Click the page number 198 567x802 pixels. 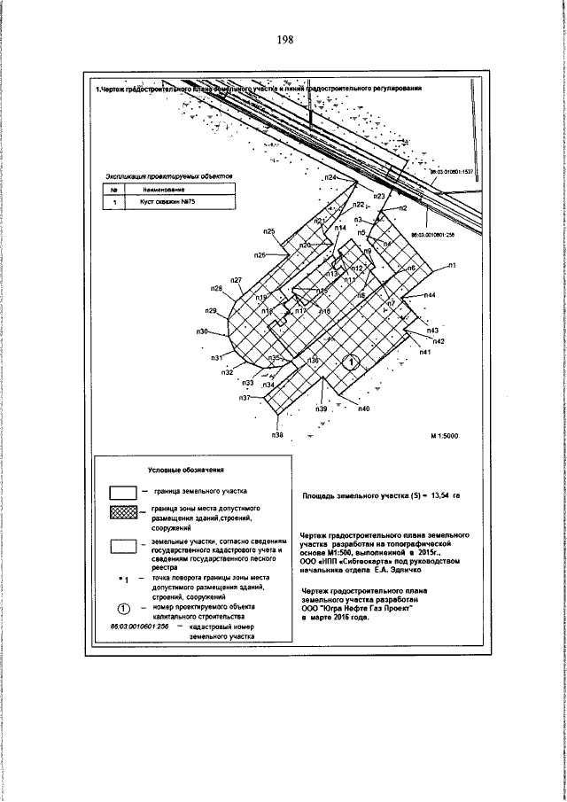click(x=283, y=40)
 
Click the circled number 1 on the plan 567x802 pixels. click(x=351, y=362)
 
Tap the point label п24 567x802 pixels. click(x=330, y=179)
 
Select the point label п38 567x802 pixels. click(x=277, y=435)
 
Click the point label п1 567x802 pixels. click(x=451, y=266)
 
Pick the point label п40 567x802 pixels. click(x=364, y=409)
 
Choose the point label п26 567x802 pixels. click(x=260, y=255)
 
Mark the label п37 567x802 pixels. click(x=245, y=399)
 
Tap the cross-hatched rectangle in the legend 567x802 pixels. click(x=122, y=516)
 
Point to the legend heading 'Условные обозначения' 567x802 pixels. click(x=183, y=470)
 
